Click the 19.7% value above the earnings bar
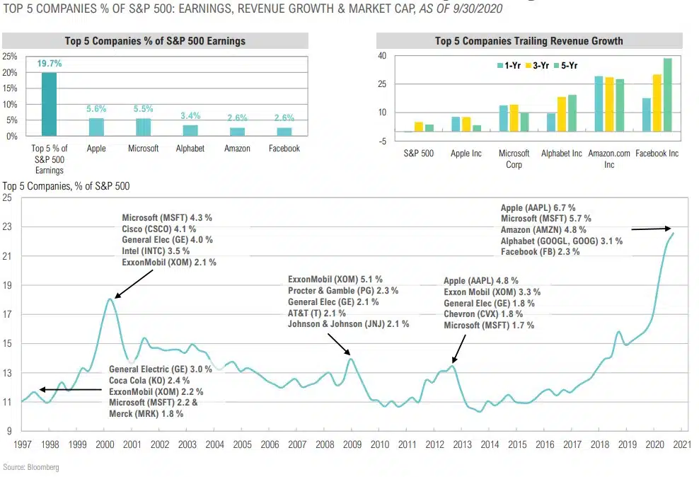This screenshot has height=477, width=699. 50,64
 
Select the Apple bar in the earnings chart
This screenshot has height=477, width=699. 96,127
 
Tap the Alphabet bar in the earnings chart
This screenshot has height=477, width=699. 190,130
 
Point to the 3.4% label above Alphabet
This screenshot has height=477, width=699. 190,116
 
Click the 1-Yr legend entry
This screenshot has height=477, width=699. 510,66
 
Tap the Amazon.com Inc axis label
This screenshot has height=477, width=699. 608,159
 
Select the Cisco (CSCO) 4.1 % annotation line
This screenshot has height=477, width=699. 158,229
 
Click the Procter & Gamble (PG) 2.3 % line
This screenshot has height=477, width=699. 343,291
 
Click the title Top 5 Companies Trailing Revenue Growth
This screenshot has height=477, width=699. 528,41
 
